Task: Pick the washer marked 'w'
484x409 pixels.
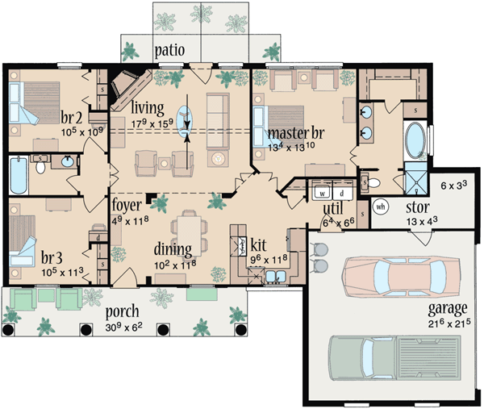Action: [x=322, y=194]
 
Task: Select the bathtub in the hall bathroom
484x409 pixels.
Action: [x=18, y=175]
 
